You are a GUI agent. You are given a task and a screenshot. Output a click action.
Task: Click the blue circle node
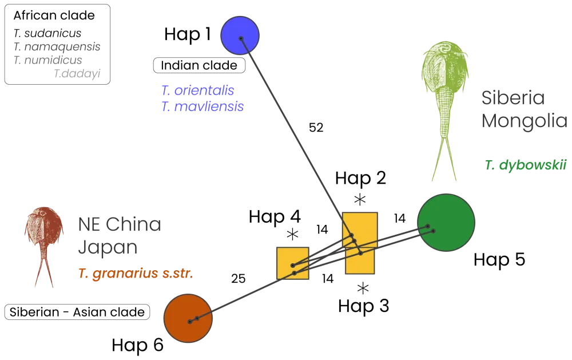point(240,36)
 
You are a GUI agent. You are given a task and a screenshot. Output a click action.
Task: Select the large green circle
point(446,223)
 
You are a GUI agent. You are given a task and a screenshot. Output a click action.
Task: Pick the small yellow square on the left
point(293,263)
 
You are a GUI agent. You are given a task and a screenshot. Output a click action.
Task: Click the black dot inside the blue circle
point(241,38)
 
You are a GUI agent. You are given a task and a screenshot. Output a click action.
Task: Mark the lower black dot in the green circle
point(434,231)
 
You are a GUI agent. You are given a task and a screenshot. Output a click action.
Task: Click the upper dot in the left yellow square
point(292,266)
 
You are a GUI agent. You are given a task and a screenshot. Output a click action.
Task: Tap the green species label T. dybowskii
point(526,166)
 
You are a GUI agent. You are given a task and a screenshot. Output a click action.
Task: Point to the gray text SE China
point(121,226)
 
